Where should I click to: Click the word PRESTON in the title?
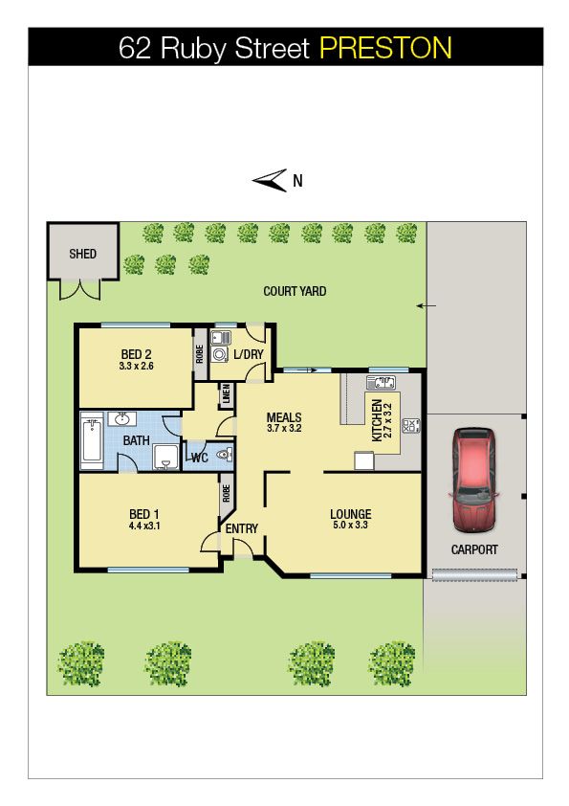385,48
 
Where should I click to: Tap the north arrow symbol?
270,180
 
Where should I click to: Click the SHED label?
82,254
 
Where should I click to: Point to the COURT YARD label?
295,291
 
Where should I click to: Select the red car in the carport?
473,481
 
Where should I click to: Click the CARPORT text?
474,549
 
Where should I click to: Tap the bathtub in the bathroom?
93,440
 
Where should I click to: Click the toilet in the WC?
225,455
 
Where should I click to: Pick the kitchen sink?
381,383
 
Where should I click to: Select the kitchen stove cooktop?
410,426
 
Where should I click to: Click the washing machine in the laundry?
219,355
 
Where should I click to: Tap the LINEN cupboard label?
227,394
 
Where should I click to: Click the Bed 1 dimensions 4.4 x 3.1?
144,526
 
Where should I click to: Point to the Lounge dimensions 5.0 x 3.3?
350,525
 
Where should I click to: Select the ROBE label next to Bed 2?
200,353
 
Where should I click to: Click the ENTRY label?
241,528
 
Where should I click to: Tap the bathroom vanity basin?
121,419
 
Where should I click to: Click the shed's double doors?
79,290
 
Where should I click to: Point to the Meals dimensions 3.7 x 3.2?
284,428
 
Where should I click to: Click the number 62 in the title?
135,48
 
